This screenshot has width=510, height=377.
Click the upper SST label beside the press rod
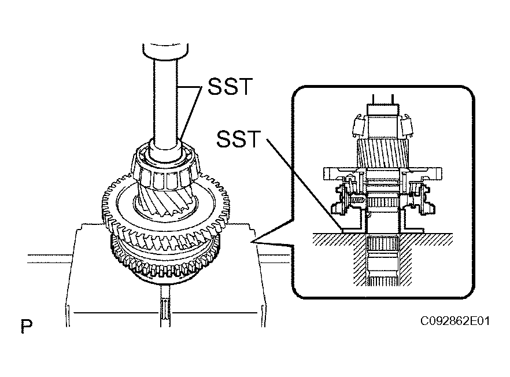point(230,86)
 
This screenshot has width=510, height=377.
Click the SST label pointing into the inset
point(238,139)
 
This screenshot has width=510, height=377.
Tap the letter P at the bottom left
point(27,326)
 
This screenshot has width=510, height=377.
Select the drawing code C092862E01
point(454,321)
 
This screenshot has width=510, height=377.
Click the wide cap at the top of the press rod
point(165,51)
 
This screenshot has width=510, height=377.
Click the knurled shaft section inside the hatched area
point(383,243)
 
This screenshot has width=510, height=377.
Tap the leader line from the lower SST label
point(304,184)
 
